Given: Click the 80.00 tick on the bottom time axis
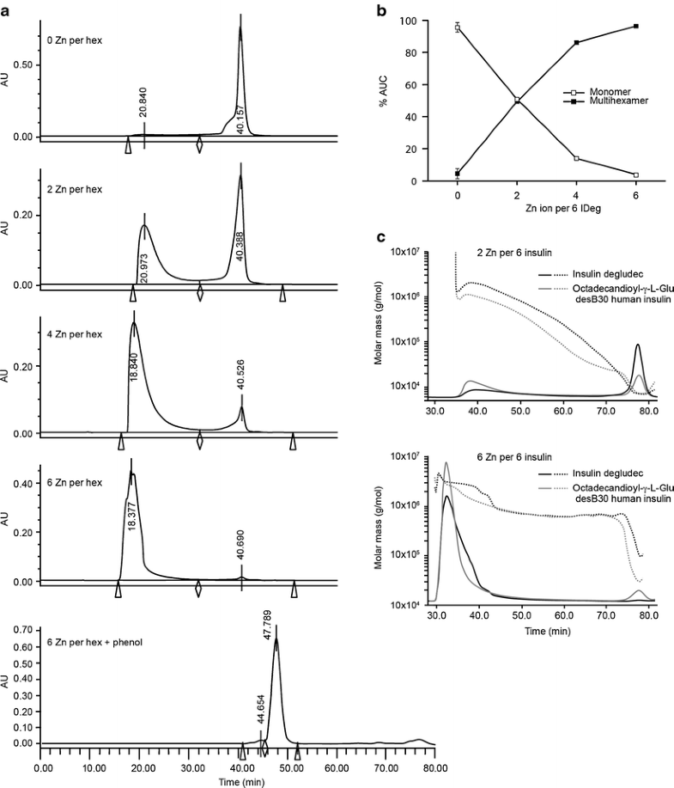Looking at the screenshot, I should pyautogui.click(x=435, y=768).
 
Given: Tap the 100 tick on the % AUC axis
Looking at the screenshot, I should pyautogui.click(x=435, y=21).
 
